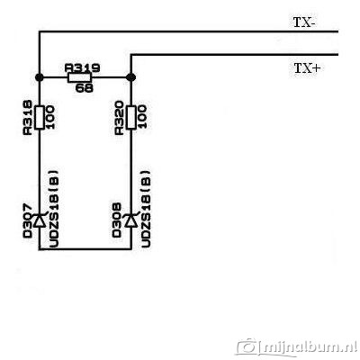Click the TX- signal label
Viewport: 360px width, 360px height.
[304, 22]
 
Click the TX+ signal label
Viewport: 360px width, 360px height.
[307, 68]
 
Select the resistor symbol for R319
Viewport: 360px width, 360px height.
[79, 77]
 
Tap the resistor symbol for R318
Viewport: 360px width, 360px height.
[40, 117]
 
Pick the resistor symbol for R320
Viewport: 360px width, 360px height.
[130, 117]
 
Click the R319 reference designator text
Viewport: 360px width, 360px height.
[82, 68]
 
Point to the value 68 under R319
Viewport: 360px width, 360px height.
[85, 88]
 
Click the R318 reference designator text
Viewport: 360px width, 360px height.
[28, 117]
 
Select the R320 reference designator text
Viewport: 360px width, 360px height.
[120, 117]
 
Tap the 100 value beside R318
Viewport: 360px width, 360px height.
[50, 117]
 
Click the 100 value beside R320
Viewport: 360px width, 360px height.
[142, 117]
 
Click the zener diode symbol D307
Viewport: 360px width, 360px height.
[40, 220]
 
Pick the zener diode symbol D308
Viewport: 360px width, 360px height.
[131, 220]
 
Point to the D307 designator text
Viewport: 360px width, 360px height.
[27, 220]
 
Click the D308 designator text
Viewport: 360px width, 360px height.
[117, 220]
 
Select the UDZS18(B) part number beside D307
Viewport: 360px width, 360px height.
[53, 209]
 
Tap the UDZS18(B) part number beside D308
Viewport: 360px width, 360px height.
[145, 209]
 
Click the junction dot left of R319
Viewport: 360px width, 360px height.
[40, 77]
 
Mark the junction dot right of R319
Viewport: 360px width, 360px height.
[131, 77]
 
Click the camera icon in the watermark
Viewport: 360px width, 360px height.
[247, 346]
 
